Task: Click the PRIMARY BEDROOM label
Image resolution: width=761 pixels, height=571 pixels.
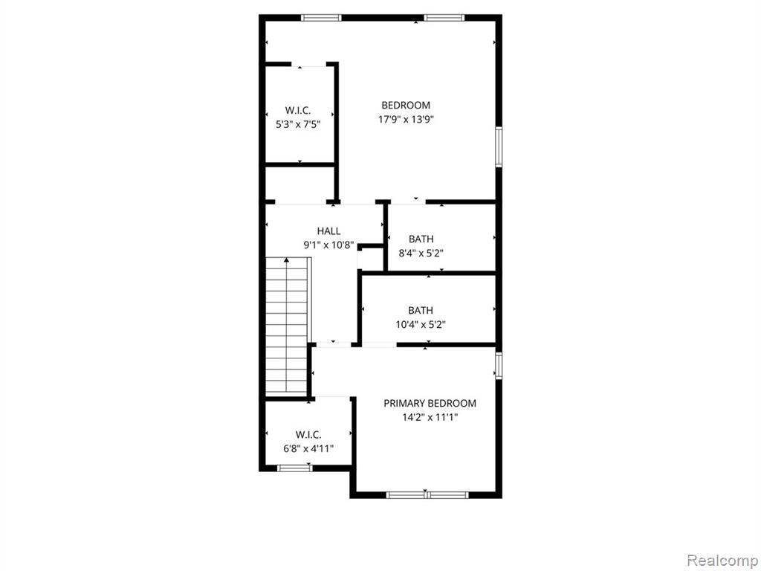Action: point(430,403)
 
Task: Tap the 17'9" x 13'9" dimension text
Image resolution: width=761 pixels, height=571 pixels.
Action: point(406,120)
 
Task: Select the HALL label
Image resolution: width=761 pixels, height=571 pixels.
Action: point(328,231)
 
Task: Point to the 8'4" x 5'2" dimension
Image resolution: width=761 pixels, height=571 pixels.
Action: point(421,253)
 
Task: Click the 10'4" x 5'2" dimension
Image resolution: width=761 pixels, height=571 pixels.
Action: point(421,324)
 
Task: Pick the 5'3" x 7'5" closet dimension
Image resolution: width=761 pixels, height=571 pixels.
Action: point(298,124)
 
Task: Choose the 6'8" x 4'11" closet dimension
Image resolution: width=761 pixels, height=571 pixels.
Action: point(308,448)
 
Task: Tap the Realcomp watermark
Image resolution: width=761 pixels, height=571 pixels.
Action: point(722,561)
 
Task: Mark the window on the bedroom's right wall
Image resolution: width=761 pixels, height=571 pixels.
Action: point(499,146)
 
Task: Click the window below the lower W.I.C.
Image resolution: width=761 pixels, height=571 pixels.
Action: point(294,468)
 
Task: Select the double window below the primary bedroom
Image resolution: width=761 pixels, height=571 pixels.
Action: point(427,495)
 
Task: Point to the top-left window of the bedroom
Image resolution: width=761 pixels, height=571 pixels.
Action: point(321,18)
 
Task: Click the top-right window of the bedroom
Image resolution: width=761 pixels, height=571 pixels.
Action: point(444,18)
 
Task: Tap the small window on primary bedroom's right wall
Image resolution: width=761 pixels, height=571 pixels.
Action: point(499,366)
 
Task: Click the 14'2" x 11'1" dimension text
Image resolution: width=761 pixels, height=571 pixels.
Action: point(430,417)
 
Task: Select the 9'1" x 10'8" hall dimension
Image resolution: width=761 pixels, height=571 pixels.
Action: point(328,245)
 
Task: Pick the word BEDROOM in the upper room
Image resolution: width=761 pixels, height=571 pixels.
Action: point(406,106)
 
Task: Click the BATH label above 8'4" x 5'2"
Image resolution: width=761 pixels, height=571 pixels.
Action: point(421,239)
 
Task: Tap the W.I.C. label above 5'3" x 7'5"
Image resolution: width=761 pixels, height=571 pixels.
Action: point(298,110)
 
